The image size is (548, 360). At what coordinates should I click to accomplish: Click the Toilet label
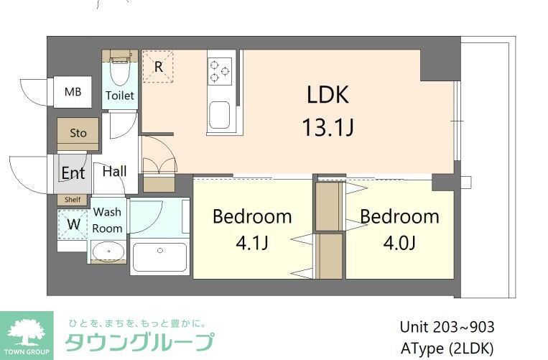tap(119, 95)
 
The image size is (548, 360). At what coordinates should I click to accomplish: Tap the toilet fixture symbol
tap(119, 71)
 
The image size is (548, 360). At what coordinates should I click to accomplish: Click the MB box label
tap(73, 92)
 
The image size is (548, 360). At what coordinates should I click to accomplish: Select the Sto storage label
tap(78, 133)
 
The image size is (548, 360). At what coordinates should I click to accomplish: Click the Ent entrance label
tap(73, 173)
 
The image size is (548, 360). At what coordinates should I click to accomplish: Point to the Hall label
tap(114, 171)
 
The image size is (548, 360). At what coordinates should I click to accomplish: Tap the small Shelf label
tap(73, 200)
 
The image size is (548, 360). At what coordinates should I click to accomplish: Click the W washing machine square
tap(73, 223)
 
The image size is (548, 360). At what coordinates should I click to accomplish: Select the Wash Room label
tap(107, 220)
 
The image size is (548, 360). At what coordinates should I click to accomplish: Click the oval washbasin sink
tap(108, 252)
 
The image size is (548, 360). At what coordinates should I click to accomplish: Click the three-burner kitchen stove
tap(220, 71)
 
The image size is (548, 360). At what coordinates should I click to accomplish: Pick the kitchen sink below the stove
tap(219, 114)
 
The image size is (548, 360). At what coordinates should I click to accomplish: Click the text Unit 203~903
tap(446, 327)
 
